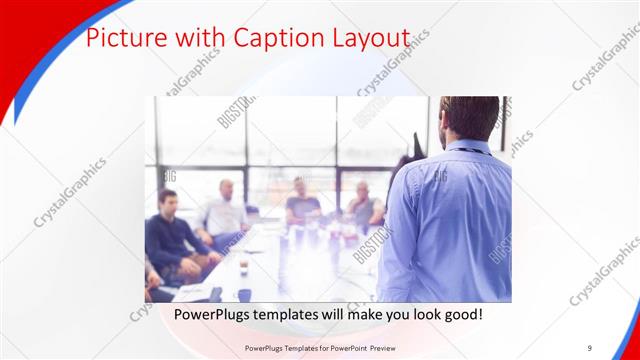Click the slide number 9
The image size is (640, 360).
click(x=589, y=347)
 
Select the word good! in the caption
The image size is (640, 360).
click(x=460, y=314)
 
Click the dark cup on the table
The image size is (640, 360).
click(x=243, y=267)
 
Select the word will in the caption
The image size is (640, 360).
click(x=344, y=314)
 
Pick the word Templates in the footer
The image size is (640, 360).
click(x=287, y=347)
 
